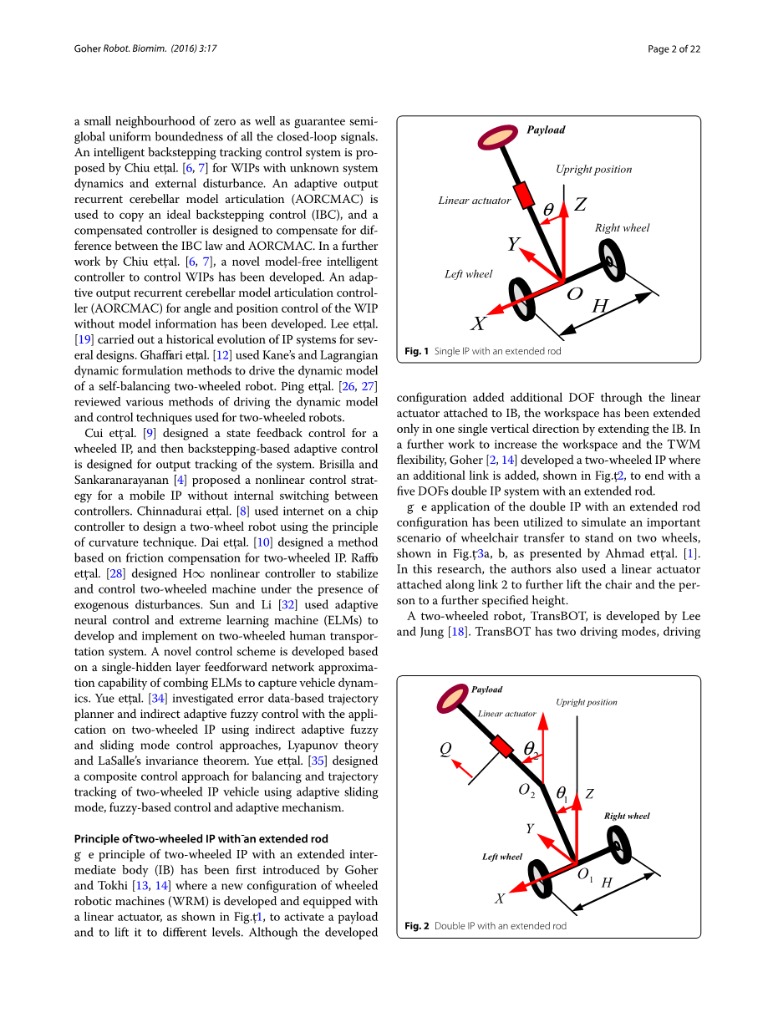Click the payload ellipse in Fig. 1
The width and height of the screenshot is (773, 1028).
(x=498, y=137)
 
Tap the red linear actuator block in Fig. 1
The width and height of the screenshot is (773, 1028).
(x=524, y=195)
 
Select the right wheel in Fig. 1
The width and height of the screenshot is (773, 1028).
(x=613, y=261)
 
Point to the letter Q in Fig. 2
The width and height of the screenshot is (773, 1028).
(x=445, y=749)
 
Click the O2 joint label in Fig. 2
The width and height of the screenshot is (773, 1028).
(x=526, y=791)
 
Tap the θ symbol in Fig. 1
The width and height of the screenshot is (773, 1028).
(x=548, y=209)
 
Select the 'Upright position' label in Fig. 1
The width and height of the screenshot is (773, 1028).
(x=593, y=170)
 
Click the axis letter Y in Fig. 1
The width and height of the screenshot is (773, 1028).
(x=514, y=243)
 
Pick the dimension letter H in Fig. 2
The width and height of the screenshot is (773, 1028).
(x=607, y=883)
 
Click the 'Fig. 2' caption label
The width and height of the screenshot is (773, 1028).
(x=417, y=926)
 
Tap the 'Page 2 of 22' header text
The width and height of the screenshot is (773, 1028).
(x=674, y=48)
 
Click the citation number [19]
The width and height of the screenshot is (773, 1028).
(x=84, y=339)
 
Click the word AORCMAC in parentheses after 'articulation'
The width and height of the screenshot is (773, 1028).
(x=328, y=200)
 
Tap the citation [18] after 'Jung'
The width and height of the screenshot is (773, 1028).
(x=458, y=632)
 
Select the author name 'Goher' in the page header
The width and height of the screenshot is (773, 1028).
(x=88, y=48)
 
